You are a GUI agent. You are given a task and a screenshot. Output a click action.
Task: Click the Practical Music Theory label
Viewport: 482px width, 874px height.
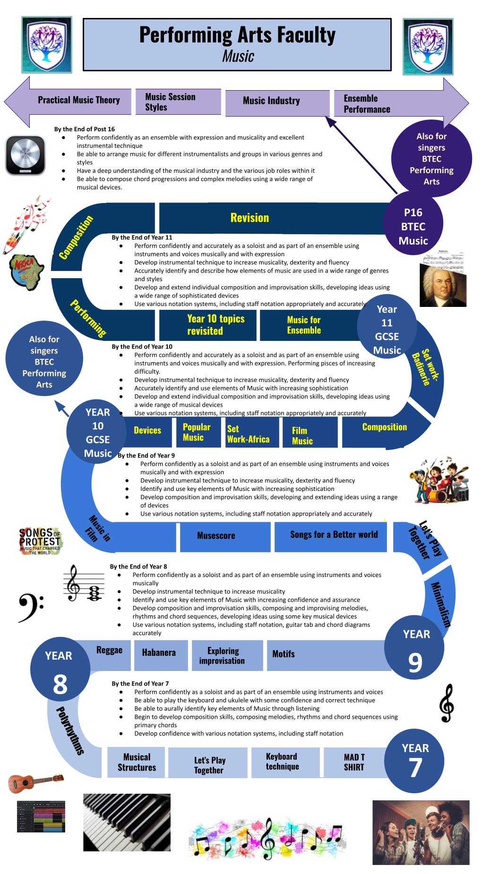click(x=79, y=100)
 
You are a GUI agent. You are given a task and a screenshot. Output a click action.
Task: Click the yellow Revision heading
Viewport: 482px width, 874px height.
click(x=250, y=218)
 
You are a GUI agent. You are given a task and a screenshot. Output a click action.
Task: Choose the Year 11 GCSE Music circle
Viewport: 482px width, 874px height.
click(x=387, y=330)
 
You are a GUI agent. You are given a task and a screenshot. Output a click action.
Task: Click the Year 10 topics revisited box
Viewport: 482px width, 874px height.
click(x=209, y=325)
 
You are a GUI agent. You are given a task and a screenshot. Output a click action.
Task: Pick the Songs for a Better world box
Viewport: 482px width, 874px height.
click(x=334, y=535)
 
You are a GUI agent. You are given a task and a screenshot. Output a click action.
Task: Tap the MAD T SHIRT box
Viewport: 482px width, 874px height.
click(x=354, y=763)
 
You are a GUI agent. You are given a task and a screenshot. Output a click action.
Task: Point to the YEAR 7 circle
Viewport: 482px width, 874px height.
click(x=414, y=762)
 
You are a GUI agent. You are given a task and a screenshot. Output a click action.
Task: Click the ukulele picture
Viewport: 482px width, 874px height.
click(x=35, y=782)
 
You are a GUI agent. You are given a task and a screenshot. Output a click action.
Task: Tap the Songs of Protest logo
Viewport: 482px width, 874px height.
click(x=40, y=541)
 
